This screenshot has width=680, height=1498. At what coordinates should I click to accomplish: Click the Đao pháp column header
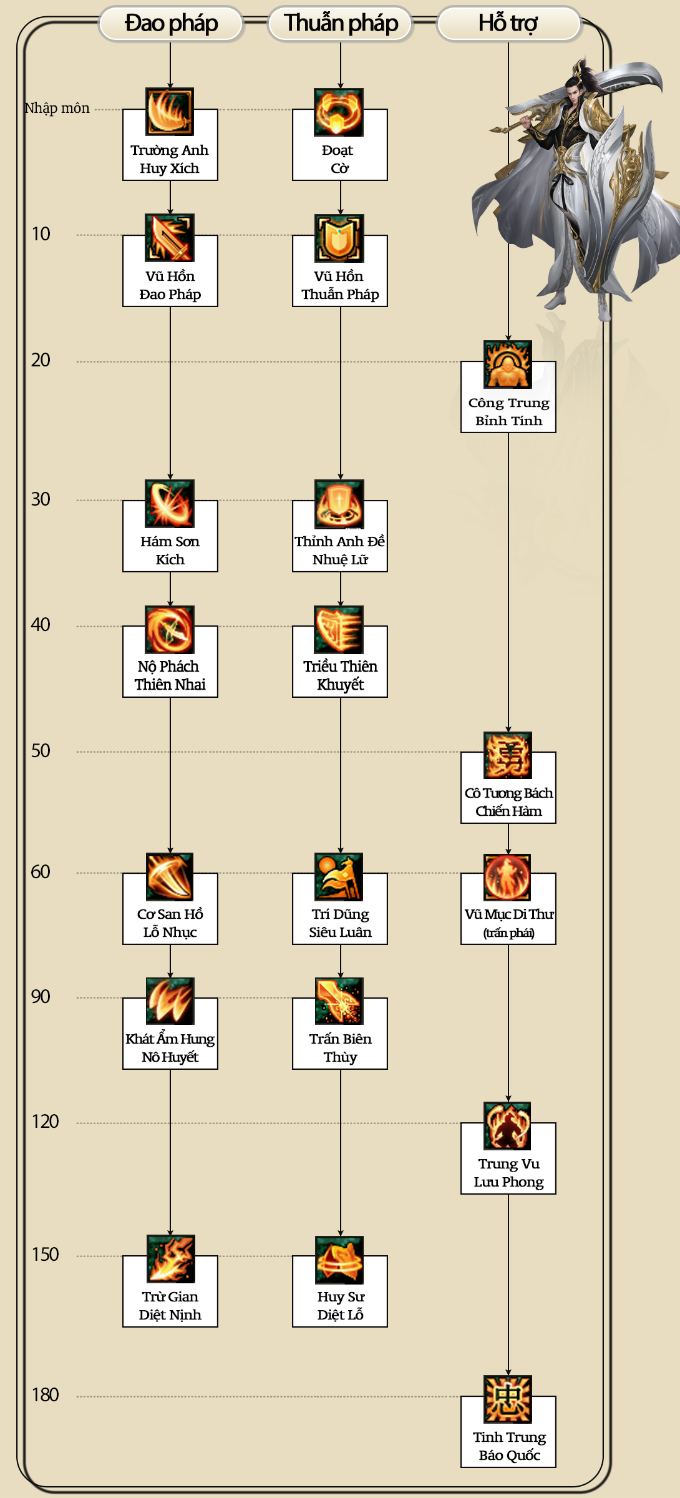pyautogui.click(x=170, y=24)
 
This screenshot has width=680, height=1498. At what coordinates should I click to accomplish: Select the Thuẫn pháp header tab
pyautogui.click(x=341, y=24)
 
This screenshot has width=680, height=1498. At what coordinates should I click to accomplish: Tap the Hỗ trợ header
pyautogui.click(x=508, y=24)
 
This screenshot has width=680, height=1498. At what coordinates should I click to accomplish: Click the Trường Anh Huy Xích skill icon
pyautogui.click(x=170, y=112)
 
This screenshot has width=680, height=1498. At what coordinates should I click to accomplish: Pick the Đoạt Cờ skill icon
pyautogui.click(x=339, y=112)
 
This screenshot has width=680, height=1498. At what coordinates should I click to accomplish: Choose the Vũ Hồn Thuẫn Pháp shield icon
pyautogui.click(x=339, y=238)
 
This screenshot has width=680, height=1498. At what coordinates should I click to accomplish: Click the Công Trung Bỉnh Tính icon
pyautogui.click(x=508, y=365)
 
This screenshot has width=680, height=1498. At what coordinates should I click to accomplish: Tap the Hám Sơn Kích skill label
pyautogui.click(x=170, y=551)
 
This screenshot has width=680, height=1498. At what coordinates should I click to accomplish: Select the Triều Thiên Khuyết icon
pyautogui.click(x=339, y=630)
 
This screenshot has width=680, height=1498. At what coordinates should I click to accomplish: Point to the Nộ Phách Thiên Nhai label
pyautogui.click(x=170, y=675)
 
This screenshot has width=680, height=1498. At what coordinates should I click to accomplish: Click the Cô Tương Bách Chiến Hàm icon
pyautogui.click(x=508, y=755)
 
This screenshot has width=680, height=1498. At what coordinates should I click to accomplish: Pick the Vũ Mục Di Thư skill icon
pyautogui.click(x=507, y=878)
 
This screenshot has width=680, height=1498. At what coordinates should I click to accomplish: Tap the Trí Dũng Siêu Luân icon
pyautogui.click(x=339, y=878)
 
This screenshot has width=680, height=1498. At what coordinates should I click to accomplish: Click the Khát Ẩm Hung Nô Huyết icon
pyautogui.click(x=170, y=1001)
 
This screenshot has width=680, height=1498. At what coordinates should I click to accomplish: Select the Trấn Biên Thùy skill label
pyautogui.click(x=341, y=1048)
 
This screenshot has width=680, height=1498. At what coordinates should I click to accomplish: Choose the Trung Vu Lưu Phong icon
pyautogui.click(x=507, y=1126)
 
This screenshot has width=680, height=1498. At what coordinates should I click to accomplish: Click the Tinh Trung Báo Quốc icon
pyautogui.click(x=508, y=1399)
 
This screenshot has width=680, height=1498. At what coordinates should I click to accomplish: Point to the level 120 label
pyautogui.click(x=45, y=1122)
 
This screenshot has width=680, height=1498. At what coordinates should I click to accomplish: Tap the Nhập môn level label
pyautogui.click(x=57, y=108)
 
